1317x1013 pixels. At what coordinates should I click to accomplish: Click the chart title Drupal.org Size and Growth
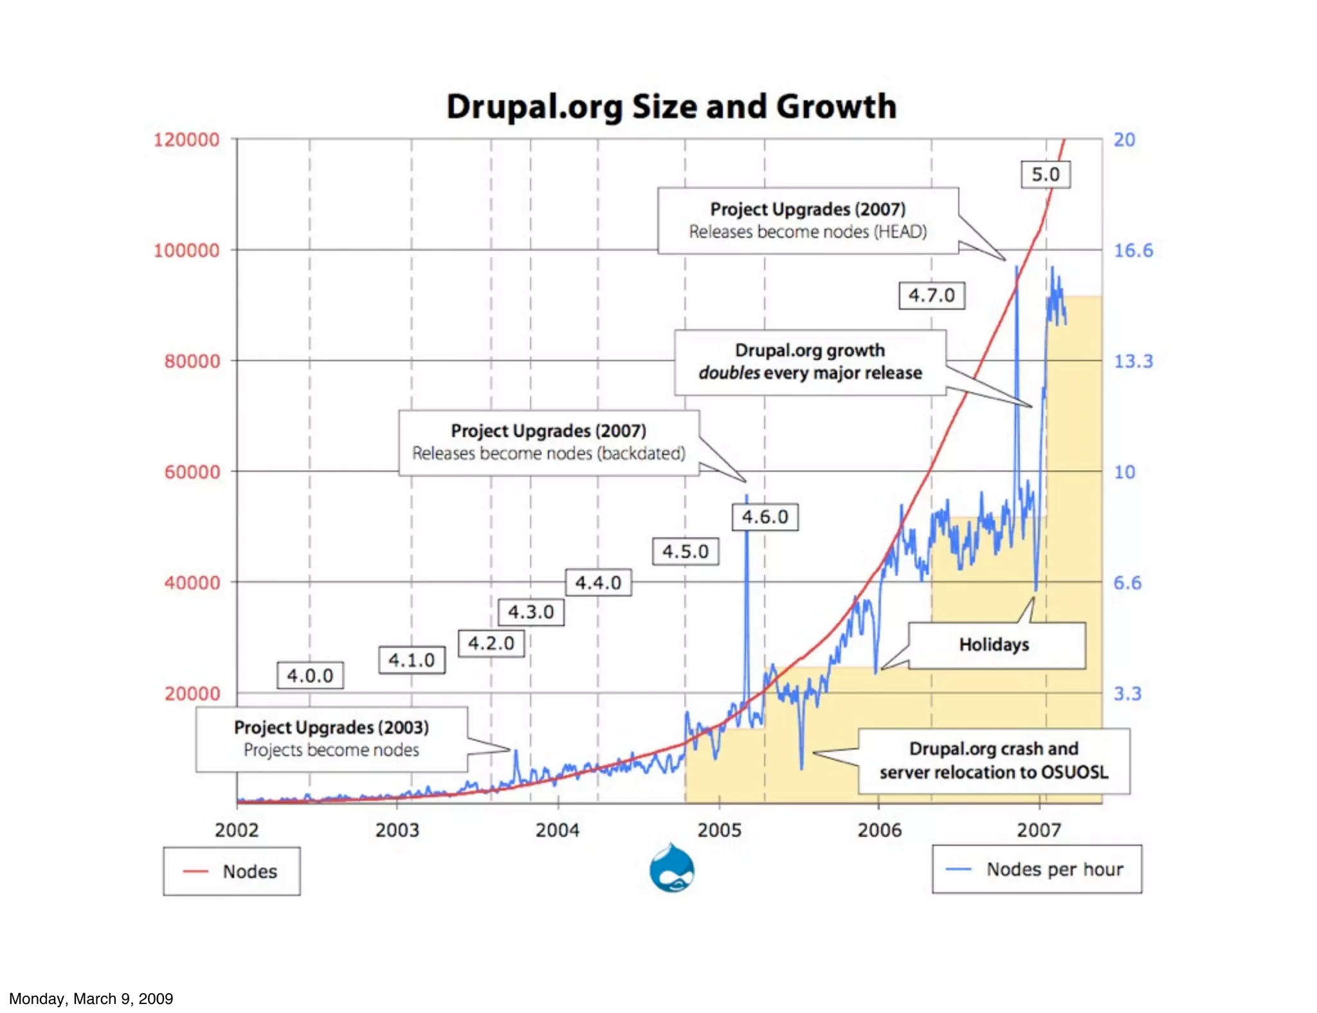[671, 107]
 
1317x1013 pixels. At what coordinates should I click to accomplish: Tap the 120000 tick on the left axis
[186, 139]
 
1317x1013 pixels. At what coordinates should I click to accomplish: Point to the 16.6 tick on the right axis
[1133, 250]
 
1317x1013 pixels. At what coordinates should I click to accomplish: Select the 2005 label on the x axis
[719, 830]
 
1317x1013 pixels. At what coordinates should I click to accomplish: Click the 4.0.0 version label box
[310, 676]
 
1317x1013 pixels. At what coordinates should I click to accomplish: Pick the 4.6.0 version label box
[765, 517]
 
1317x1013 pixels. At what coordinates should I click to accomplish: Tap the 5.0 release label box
[1046, 174]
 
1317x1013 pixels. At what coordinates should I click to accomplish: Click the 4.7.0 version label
[931, 296]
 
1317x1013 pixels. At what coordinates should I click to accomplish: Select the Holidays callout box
[995, 645]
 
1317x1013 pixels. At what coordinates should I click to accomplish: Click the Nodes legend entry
[232, 872]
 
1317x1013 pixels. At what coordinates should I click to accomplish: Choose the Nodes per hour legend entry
[1037, 870]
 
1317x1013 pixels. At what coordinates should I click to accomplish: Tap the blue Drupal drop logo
[671, 869]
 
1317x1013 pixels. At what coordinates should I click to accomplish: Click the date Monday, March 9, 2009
[91, 998]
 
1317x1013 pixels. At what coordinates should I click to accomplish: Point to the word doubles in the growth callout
[729, 373]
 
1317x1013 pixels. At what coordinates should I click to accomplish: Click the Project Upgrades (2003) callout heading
[331, 727]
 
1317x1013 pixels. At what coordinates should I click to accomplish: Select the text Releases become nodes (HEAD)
[808, 231]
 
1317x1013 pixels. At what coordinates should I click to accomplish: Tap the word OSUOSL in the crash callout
[1075, 772]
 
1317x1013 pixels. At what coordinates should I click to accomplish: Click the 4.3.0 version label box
[531, 611]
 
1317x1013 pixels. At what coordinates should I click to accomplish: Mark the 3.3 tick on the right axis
[1127, 694]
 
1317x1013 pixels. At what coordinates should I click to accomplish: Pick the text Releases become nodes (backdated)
[549, 453]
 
